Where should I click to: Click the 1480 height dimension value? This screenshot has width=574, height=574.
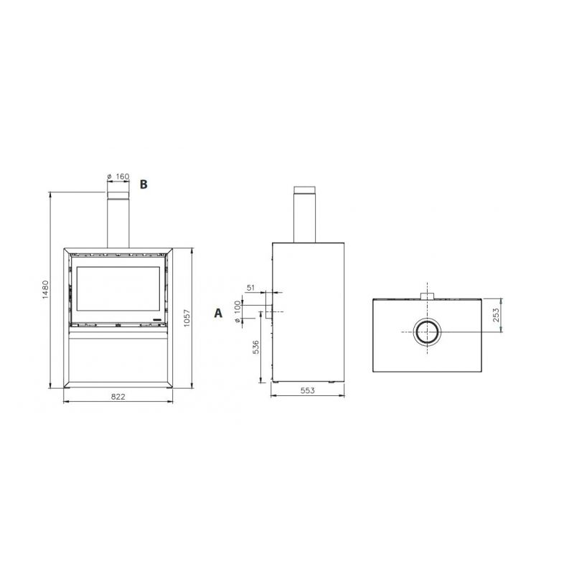tap(45, 290)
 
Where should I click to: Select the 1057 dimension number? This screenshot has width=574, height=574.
tap(187, 319)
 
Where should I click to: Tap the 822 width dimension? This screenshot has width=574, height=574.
tap(118, 397)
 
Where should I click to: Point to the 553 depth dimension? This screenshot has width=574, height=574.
tap(308, 390)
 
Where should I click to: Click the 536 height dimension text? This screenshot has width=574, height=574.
tap(256, 347)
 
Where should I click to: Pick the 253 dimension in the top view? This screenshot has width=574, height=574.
tap(496, 315)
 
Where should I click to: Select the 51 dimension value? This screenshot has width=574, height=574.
tap(250, 288)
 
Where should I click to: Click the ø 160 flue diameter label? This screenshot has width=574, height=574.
tap(118, 177)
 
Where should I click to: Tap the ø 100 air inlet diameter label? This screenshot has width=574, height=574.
tap(237, 312)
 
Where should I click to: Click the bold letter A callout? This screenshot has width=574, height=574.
tap(218, 314)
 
